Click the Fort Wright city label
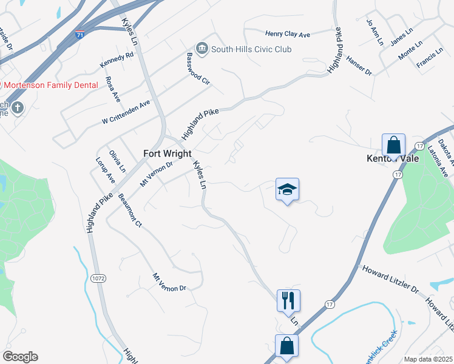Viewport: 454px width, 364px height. coord(168,153)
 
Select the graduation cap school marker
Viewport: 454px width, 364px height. coord(288,190)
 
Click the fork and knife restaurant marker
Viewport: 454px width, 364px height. coord(288,300)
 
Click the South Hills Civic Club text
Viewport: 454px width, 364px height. coord(252,49)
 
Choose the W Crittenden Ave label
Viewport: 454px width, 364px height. coord(126,112)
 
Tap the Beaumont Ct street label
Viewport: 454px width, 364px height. coord(130,210)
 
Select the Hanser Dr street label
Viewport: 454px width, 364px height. coord(359,65)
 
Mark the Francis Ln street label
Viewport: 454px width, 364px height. coord(429,59)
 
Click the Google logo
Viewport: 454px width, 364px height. coord(19,357)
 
